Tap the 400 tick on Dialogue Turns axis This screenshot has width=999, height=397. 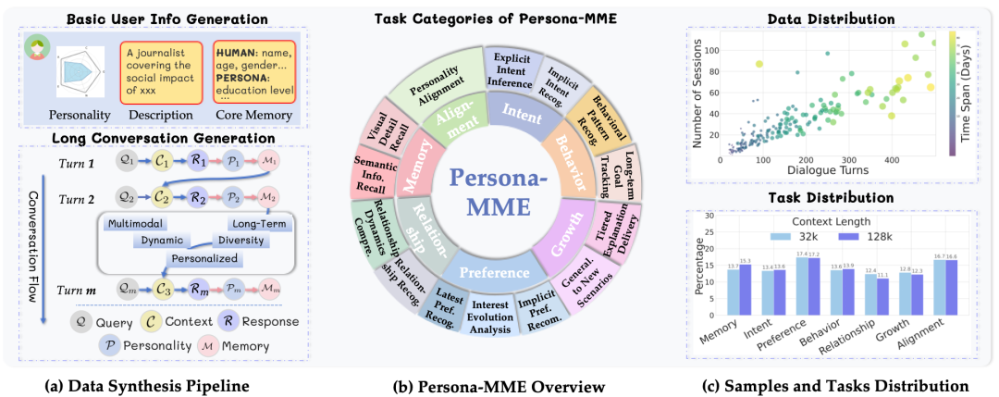(893, 160)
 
